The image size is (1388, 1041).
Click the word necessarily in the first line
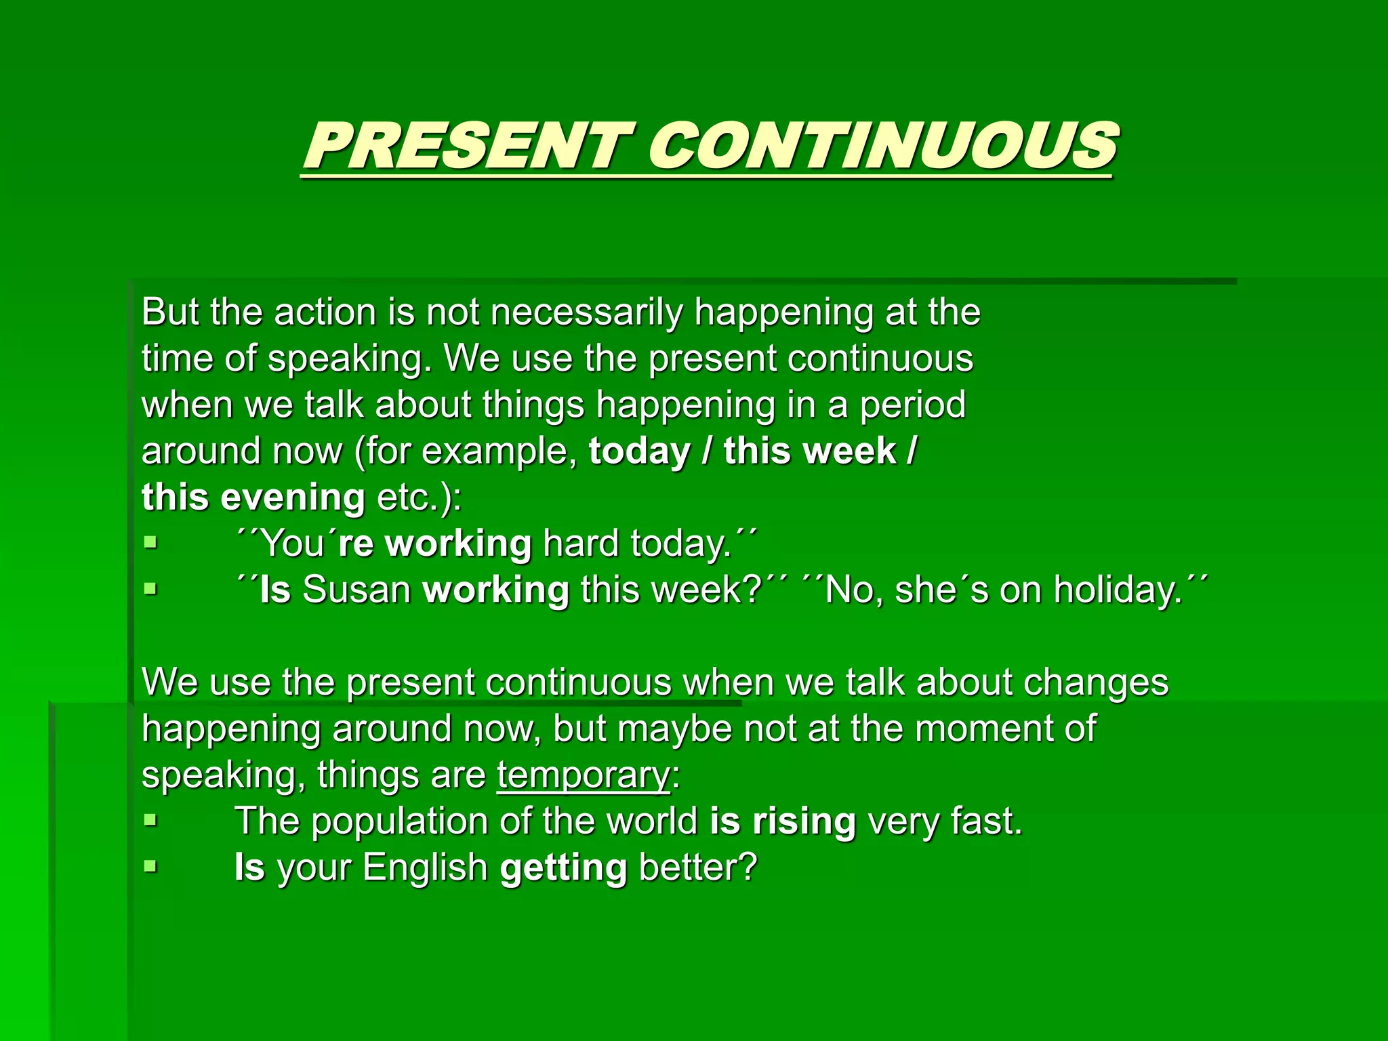pos(587,313)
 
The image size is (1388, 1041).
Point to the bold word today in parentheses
pos(639,451)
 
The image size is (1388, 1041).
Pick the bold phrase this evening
pos(253,497)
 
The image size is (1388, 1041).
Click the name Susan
pos(356,590)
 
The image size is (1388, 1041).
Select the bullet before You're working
pos(150,542)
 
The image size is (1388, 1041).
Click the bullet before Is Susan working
pos(150,588)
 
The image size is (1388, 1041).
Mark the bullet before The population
pos(150,820)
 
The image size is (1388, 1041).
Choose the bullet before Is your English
pos(150,866)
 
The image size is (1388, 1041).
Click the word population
pos(399,821)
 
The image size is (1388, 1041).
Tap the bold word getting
pos(563,867)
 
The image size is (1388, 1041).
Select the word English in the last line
pos(425,867)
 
